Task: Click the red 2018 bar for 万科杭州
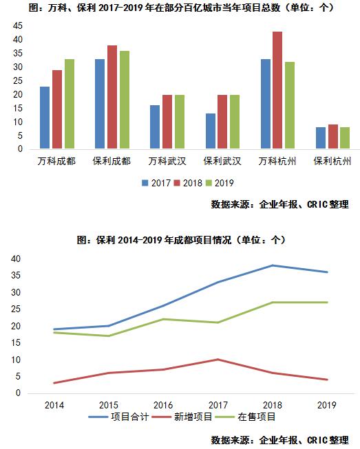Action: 277,90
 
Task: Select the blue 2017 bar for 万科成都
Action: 45,118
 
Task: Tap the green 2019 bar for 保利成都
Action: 124,100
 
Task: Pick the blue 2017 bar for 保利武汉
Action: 211,131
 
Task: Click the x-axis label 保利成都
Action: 112,162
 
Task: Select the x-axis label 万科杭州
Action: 277,162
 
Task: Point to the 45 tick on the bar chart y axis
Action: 17,26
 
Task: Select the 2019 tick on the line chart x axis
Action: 327,405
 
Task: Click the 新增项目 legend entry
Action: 173,417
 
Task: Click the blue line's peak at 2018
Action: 272,265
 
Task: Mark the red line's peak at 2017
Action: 218,360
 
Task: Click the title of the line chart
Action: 180,240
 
